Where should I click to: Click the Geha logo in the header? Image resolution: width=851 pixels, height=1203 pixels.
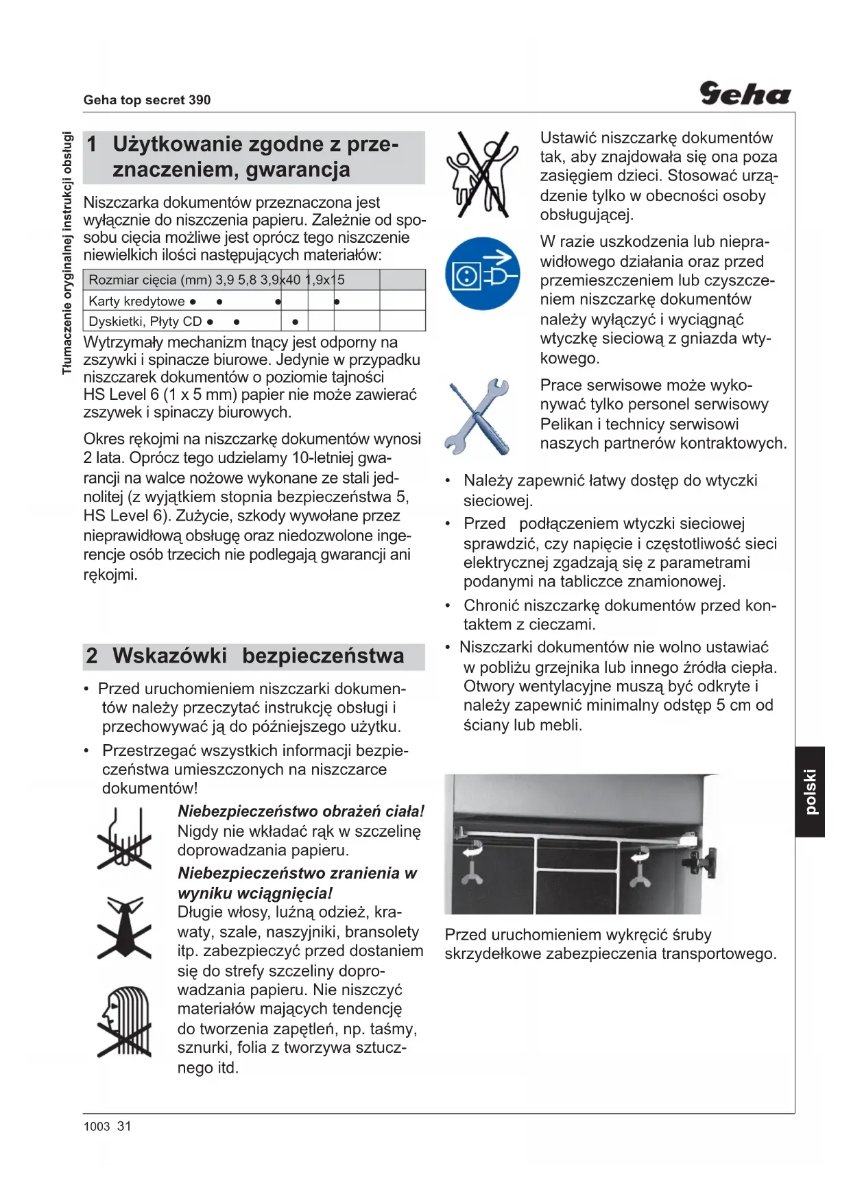(x=745, y=93)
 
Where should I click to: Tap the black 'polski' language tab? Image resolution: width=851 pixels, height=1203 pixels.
(x=810, y=791)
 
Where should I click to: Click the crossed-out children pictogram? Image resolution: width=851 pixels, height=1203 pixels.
(x=482, y=174)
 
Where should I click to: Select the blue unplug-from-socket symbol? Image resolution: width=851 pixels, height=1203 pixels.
(x=482, y=273)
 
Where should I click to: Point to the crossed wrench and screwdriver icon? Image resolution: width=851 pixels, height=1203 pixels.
(x=479, y=416)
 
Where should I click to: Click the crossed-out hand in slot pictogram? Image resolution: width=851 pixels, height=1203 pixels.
(x=124, y=839)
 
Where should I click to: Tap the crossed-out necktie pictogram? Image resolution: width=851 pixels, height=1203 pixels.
(x=125, y=927)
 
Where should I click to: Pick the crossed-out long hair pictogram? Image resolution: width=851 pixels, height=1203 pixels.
(x=124, y=1021)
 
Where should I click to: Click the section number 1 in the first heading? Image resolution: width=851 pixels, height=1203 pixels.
(x=92, y=144)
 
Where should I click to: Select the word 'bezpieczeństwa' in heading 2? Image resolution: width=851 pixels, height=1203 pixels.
(x=323, y=656)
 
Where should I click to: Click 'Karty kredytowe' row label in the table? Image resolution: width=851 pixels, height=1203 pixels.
(x=136, y=301)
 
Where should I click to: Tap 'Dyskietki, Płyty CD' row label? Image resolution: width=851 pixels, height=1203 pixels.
(x=145, y=321)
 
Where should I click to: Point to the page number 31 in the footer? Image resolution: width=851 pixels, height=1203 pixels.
(x=124, y=1126)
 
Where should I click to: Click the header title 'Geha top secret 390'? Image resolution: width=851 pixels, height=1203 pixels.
(x=147, y=100)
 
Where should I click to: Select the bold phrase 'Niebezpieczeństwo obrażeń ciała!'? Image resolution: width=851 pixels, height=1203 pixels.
(x=301, y=811)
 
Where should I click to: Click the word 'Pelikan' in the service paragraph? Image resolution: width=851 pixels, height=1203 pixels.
(x=570, y=424)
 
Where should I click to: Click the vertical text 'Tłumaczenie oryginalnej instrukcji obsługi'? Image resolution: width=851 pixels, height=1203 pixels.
(x=67, y=252)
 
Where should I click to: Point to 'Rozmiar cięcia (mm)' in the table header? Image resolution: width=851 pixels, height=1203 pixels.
(x=150, y=280)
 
